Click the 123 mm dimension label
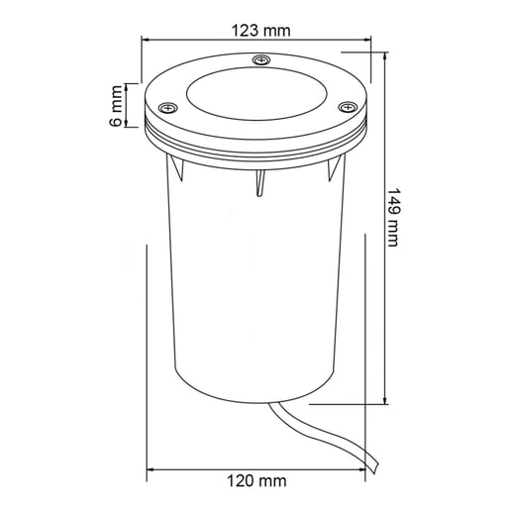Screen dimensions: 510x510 (x=260, y=31)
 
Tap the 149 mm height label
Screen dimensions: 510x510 (x=393, y=217)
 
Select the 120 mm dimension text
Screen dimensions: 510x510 (x=256, y=481)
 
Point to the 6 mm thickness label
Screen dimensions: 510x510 (x=115, y=106)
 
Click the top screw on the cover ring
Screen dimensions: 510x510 (x=261, y=60)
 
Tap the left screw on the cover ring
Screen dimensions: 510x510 (x=167, y=107)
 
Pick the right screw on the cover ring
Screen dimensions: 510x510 (x=348, y=107)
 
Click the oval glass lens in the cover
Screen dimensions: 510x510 (x=256, y=94)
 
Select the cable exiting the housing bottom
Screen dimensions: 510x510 (x=325, y=435)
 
